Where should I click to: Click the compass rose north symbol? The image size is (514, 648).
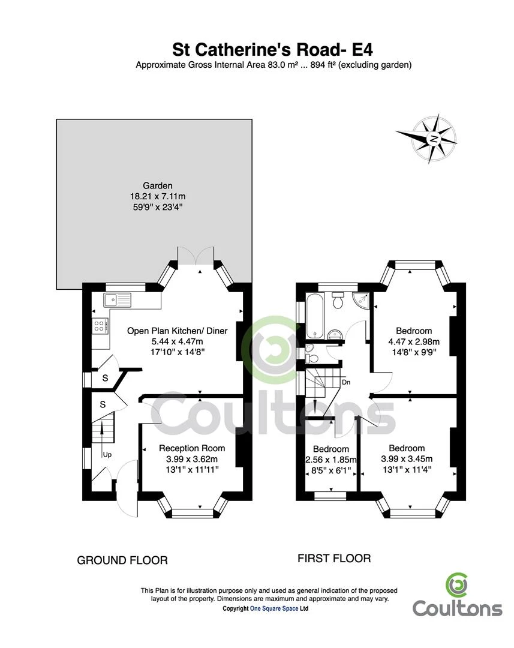pos(433,139)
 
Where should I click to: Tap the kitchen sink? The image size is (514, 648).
pos(118,300)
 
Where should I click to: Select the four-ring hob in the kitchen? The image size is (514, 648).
pos(100,326)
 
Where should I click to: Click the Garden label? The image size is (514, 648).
pos(157,186)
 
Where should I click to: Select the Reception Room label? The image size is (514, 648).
pos(192,448)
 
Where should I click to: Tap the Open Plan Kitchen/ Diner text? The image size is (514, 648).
pos(178,331)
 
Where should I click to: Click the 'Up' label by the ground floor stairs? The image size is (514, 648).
pos(107,455)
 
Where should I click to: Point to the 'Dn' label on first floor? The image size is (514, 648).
pos(346,382)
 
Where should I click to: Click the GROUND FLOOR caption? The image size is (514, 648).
pos(122,560)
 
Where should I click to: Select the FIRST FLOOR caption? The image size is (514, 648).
pos(334,559)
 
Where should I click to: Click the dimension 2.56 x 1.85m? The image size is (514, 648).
pos(331,460)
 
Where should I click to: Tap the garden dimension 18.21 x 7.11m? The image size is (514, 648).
pos(157,196)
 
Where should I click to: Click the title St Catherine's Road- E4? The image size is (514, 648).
pos(273,50)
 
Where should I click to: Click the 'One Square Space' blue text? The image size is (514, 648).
pos(274,608)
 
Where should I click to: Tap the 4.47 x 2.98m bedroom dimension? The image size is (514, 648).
pos(414,342)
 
